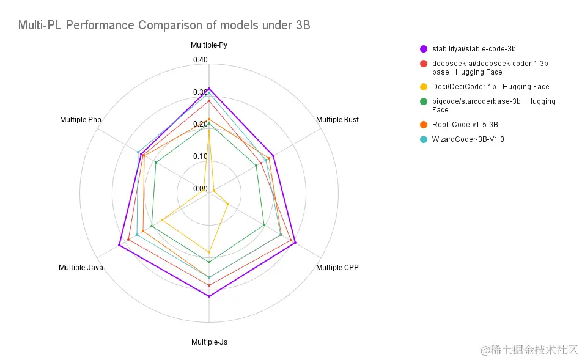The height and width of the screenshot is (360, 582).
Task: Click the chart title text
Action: coord(164,25)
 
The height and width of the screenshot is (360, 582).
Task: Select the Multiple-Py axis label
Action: coord(209,45)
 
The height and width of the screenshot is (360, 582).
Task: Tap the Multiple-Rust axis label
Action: coord(337,120)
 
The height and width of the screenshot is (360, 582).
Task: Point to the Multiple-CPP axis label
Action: coord(337,268)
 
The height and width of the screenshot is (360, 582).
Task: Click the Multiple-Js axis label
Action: coord(209,342)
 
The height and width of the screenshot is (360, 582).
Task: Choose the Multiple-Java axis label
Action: coord(81,268)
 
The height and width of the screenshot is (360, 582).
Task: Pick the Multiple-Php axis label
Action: coord(81,120)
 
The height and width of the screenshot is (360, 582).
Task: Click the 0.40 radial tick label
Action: coord(201,60)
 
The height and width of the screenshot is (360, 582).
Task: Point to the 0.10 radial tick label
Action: coord(201,156)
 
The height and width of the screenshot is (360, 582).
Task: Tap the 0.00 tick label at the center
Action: coord(201,189)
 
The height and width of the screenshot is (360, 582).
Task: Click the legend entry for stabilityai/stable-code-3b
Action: coord(469,48)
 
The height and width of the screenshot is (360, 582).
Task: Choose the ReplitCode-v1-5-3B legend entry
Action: coord(469,125)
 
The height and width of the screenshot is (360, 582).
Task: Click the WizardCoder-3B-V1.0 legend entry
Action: coord(468,139)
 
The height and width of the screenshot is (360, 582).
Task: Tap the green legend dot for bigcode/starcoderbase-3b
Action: coord(423,101)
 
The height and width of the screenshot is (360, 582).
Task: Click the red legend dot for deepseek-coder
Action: coord(423,64)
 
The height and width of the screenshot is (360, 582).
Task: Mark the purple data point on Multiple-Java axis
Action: coord(120,246)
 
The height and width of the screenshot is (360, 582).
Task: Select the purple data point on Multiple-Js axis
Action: coord(209,296)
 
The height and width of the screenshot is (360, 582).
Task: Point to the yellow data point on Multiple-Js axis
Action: coord(209,252)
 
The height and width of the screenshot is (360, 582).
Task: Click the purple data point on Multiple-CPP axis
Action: coord(295,243)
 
